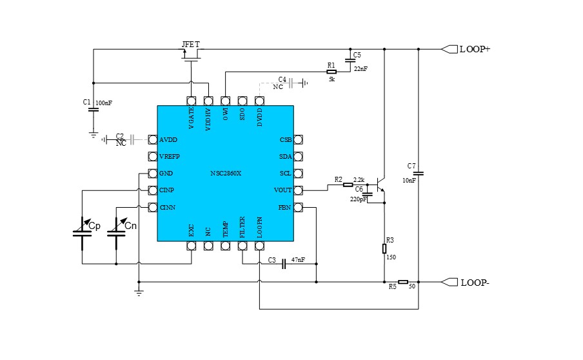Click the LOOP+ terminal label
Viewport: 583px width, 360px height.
coord(474,49)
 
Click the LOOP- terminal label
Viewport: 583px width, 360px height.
coord(474,283)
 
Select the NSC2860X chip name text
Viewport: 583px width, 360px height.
coord(227,174)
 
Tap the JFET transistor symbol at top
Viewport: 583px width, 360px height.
coord(191,57)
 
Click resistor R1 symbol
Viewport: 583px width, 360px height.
coord(331,72)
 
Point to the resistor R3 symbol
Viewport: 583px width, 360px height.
coord(384,248)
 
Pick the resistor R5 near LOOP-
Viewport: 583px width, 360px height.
coord(402,282)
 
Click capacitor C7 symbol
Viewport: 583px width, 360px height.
coord(418,173)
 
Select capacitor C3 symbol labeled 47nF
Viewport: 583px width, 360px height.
coord(284,265)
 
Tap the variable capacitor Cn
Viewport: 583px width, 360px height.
coord(116,232)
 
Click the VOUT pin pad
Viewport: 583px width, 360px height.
coord(298,190)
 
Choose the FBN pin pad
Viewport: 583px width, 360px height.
coord(298,208)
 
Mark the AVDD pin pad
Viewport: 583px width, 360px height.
coord(153,139)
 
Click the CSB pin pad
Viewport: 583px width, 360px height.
coord(298,139)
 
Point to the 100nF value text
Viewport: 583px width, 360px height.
coord(103,103)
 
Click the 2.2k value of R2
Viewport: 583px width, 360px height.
coord(359,179)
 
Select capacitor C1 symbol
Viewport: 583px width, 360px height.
coord(93,108)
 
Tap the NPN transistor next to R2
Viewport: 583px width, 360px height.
coord(380,187)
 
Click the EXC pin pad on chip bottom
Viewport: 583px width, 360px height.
coord(191,246)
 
